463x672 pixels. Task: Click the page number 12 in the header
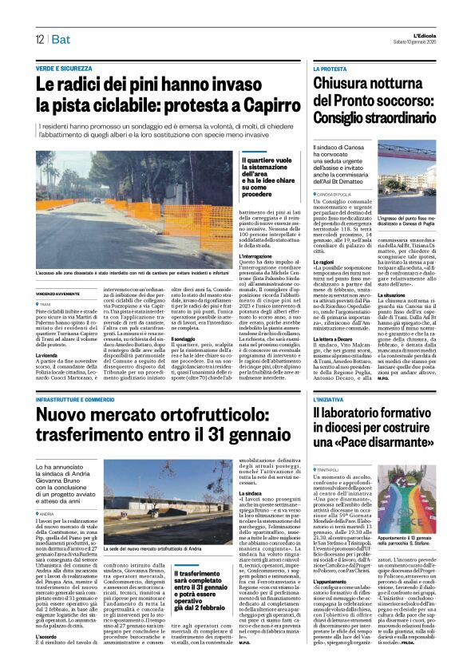(x=38, y=39)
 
